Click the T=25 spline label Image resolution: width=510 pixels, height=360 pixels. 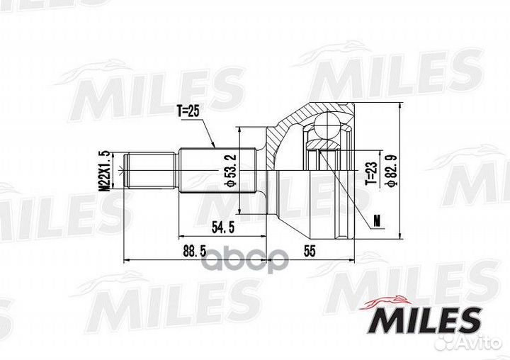coord(188,111)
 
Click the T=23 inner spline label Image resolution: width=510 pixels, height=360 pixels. coord(369,171)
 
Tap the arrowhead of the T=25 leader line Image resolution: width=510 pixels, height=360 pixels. coord(215,147)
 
